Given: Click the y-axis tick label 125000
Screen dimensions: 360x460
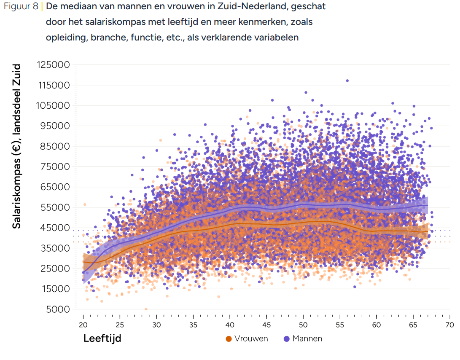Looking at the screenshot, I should [53, 65].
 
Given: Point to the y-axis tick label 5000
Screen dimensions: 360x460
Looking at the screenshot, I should [59, 309].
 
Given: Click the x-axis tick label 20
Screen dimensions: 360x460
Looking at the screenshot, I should [83, 325].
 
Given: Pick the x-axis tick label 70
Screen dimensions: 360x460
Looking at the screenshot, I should [449, 325].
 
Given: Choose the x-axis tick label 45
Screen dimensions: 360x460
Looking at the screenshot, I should [266, 325].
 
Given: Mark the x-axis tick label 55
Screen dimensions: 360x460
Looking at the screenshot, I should [340, 325].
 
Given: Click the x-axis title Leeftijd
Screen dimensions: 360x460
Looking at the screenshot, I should [102, 339].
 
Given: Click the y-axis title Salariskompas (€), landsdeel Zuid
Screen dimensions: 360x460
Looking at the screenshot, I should [16, 146].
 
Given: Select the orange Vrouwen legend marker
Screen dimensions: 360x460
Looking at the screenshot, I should [229, 339].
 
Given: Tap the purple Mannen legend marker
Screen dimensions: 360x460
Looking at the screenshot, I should [287, 339].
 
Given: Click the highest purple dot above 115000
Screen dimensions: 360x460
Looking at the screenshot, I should [347, 81].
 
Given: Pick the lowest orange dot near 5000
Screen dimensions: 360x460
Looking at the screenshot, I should [146, 309].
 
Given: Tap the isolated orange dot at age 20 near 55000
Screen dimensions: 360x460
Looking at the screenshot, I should [84, 204].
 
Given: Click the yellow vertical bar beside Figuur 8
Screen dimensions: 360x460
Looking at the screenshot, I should [42, 7].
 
